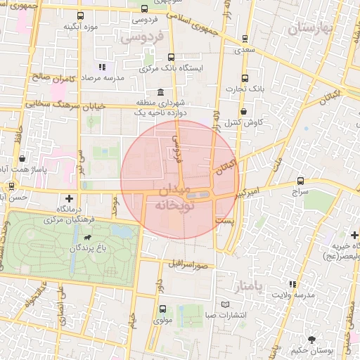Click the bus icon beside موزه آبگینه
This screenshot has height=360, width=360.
[x=82, y=15]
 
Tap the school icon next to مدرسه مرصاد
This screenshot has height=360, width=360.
[x=102, y=67]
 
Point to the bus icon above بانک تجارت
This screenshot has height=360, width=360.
[x=244, y=78]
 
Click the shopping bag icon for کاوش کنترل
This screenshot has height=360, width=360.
[x=243, y=111]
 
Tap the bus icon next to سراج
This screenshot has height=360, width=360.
[x=301, y=181]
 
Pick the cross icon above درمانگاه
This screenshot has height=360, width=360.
[x=69, y=200]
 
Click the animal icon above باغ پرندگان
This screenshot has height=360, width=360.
[x=86, y=238]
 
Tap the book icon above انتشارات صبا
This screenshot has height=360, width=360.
[x=225, y=304]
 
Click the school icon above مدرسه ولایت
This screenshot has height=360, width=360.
[x=292, y=284]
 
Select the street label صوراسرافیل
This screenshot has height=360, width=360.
[x=188, y=264]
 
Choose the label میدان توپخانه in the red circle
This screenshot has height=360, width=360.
[x=174, y=198]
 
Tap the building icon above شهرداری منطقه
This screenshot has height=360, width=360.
[x=162, y=92]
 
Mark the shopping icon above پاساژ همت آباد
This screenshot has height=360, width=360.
[x=23, y=159]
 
